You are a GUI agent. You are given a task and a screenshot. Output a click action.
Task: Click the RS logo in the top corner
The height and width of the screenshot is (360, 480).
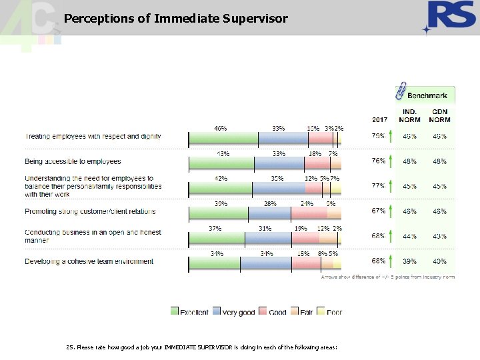click(447, 17)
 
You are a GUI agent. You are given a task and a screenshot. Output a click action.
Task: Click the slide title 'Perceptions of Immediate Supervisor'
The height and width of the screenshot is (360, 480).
click(176, 19)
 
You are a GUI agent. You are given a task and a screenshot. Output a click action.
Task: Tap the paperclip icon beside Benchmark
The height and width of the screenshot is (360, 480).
click(401, 91)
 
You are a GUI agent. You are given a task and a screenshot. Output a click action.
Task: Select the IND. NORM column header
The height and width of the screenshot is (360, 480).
click(410, 116)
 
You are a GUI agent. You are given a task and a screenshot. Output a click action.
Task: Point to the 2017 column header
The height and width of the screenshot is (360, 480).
click(379, 120)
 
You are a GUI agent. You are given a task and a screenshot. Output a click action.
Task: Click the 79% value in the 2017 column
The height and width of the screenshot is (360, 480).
click(378, 137)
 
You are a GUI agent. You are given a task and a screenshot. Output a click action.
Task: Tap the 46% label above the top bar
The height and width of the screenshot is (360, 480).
click(221, 128)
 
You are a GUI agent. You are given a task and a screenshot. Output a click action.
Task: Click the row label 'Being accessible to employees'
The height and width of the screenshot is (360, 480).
click(73, 161)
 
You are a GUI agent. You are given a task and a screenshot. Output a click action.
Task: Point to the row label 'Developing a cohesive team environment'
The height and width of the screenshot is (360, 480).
click(89, 261)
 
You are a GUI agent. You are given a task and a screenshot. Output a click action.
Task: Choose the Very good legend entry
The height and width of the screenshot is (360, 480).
click(233, 312)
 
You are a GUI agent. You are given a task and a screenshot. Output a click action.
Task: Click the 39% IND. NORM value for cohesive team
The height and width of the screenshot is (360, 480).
click(410, 261)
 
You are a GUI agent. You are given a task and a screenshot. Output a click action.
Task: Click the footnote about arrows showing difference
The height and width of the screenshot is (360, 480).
click(387, 276)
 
